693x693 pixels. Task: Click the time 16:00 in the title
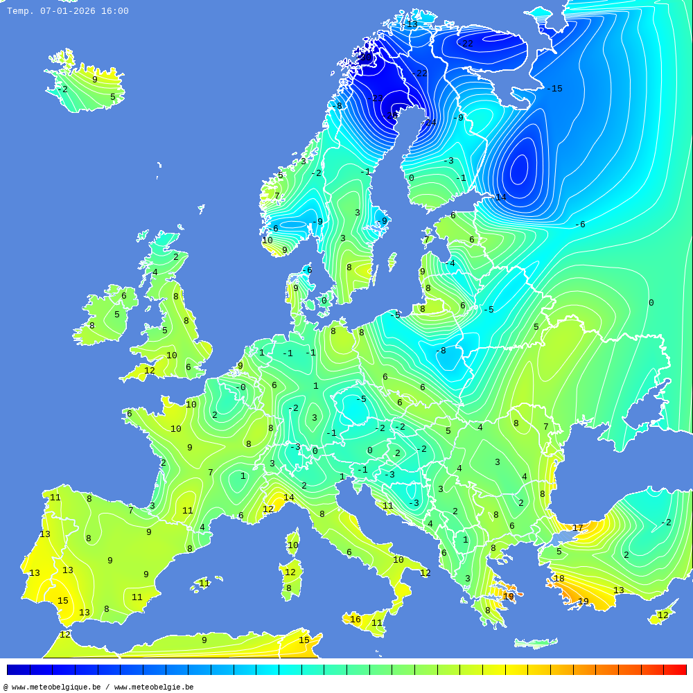click(114, 11)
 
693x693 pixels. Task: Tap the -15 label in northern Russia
click(554, 89)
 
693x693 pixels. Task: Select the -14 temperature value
click(498, 198)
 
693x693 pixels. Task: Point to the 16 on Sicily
click(356, 620)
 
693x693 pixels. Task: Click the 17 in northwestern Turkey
click(577, 528)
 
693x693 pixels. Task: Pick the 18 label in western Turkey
click(559, 579)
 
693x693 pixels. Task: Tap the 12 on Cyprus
click(663, 615)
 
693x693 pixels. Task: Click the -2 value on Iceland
click(62, 89)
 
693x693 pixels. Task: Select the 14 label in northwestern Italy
click(289, 498)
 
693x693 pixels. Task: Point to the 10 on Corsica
click(293, 545)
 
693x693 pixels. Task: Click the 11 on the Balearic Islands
click(204, 584)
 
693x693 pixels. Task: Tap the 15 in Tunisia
click(304, 640)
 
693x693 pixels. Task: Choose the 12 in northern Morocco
click(65, 635)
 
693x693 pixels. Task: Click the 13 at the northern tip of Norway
click(412, 24)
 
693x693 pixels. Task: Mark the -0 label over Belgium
click(240, 387)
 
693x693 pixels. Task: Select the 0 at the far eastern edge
click(651, 303)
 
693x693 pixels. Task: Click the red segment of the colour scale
click(675, 669)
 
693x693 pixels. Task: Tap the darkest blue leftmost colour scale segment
click(18, 669)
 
